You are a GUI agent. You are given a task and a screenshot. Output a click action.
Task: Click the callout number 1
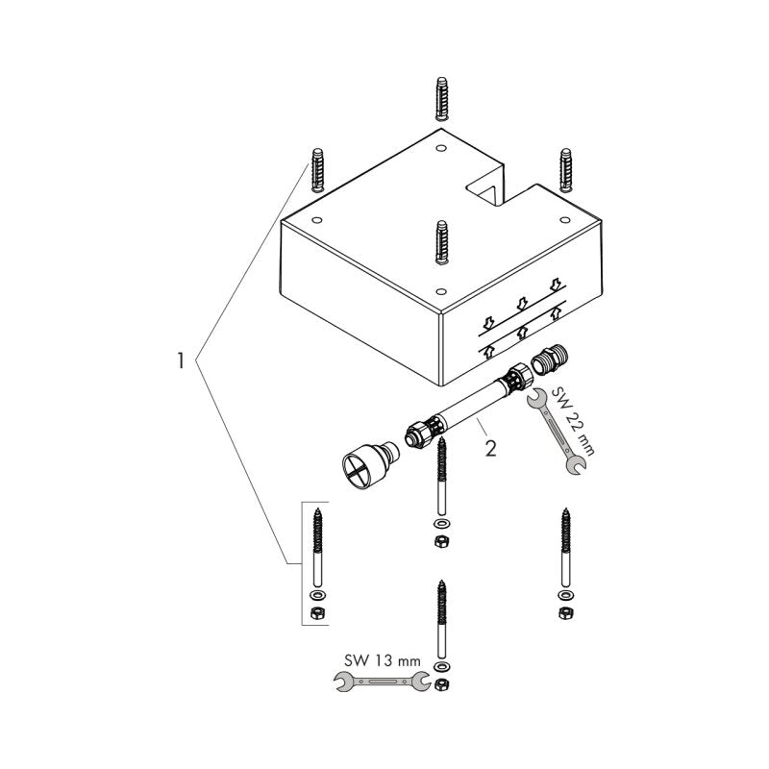click(181, 360)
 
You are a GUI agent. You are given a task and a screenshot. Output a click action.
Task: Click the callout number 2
click(490, 448)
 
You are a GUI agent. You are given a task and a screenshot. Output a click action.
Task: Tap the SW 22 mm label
click(573, 421)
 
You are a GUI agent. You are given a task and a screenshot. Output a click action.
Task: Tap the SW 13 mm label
click(383, 660)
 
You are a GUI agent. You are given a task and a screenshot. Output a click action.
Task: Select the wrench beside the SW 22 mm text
click(556, 432)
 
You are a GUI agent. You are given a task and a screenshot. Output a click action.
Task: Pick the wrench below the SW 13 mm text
click(382, 682)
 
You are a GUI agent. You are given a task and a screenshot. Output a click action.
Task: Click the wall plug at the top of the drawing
click(441, 98)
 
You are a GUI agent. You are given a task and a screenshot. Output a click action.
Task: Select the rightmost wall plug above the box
click(565, 170)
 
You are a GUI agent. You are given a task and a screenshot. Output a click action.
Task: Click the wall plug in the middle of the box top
click(442, 242)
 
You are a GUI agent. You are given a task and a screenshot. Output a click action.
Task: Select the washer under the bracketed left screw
click(318, 595)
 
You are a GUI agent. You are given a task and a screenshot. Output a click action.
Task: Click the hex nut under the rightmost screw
click(565, 612)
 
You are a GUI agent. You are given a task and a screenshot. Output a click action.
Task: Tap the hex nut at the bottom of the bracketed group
click(318, 612)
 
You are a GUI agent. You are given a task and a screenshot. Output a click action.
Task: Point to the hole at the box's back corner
click(440, 147)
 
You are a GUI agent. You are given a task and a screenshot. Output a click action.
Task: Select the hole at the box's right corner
click(564, 219)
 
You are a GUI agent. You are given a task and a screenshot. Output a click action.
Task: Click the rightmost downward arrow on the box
click(556, 284)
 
